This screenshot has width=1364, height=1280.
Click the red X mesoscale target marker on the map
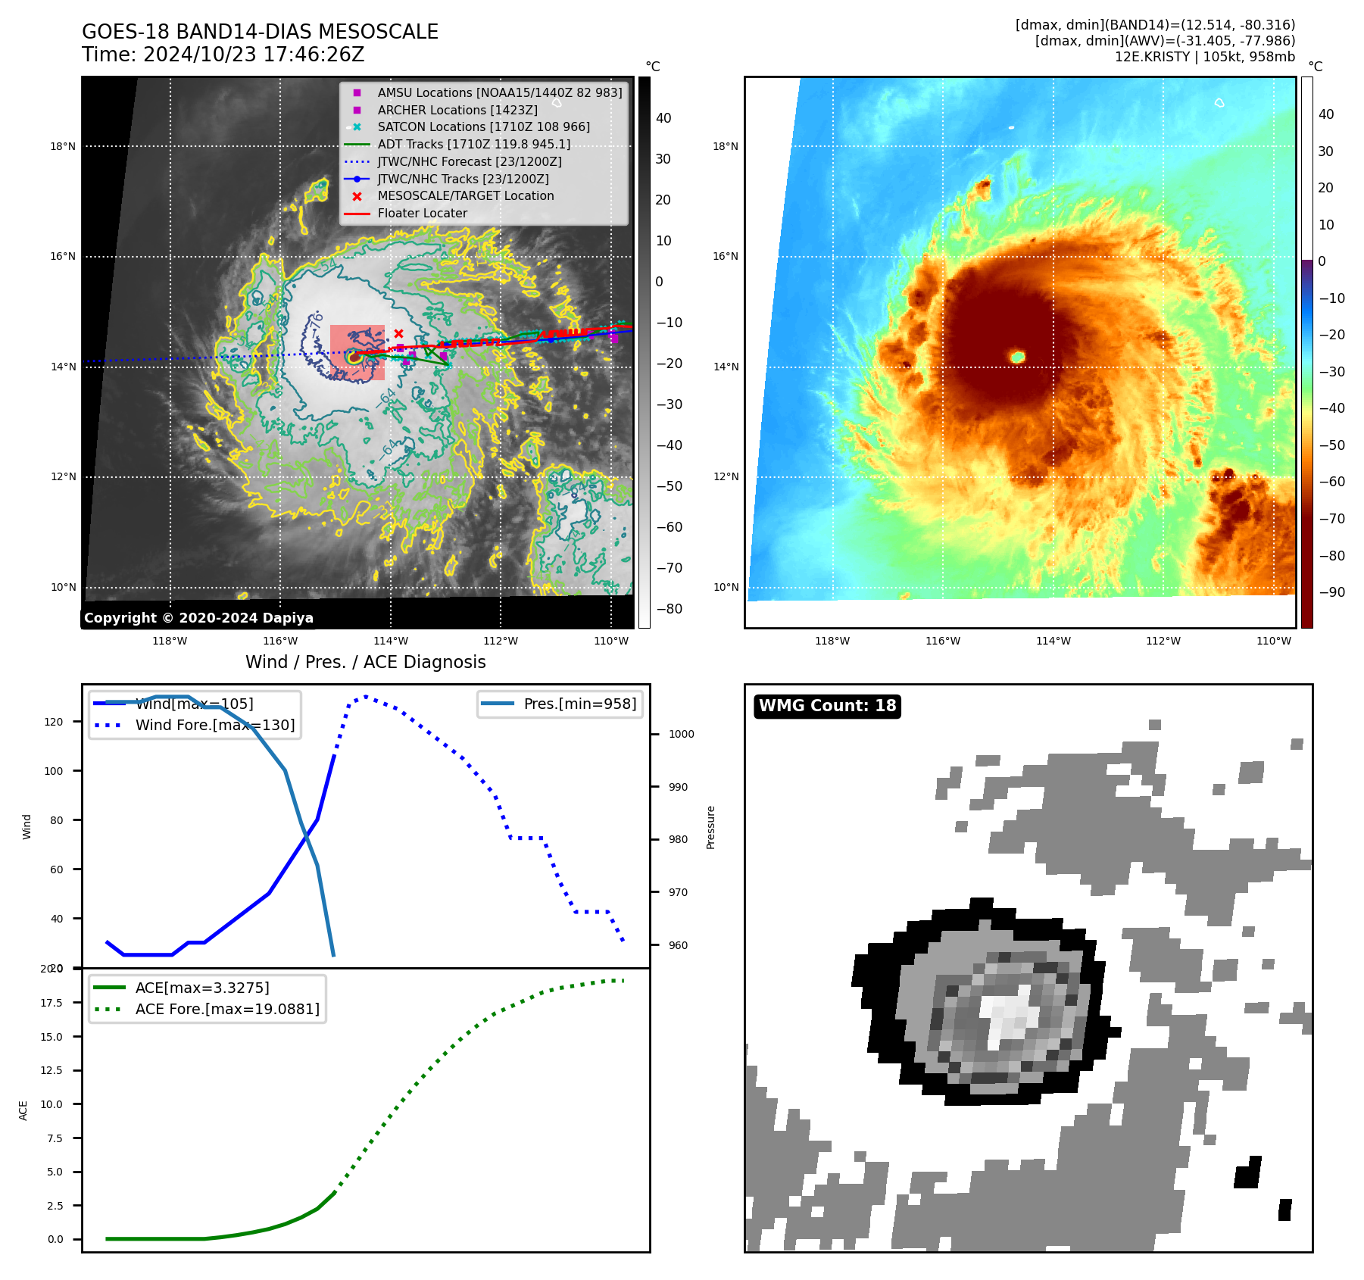coord(398,333)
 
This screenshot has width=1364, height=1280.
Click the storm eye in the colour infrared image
coord(1018,357)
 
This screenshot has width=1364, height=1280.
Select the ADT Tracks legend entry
coord(473,144)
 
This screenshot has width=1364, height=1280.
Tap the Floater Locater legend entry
coord(422,213)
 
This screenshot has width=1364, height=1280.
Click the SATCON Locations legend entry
coord(483,126)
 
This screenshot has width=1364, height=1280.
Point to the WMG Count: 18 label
coord(827,706)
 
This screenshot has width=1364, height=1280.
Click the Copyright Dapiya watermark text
coord(198,618)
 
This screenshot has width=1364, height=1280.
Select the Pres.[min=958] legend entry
coord(579,704)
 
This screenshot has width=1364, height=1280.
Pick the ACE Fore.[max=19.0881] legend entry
coord(227,1009)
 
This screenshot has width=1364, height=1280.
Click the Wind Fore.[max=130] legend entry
coord(215,725)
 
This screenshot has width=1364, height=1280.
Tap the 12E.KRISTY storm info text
coord(1204,57)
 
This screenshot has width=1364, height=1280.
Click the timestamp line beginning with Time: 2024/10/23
coord(223,55)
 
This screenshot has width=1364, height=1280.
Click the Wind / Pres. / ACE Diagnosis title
coord(365,662)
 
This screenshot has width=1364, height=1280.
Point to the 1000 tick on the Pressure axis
coord(681,734)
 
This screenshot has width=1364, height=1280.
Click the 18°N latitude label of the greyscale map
coord(63,146)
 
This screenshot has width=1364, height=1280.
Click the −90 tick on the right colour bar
coord(1331,592)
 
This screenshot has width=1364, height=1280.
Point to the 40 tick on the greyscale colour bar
coord(663,118)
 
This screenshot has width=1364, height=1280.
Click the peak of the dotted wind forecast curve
coord(366,696)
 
